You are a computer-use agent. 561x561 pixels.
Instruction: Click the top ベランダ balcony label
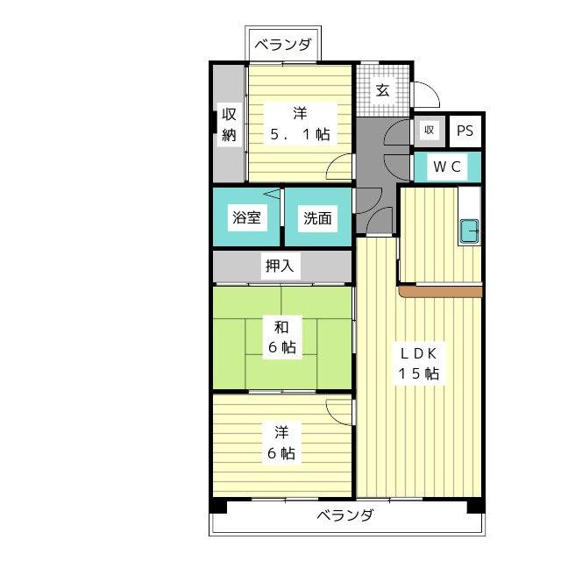282,45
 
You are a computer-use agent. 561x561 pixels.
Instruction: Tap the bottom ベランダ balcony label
345,515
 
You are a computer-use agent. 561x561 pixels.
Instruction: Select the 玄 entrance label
382,90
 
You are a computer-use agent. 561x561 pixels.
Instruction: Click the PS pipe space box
465,131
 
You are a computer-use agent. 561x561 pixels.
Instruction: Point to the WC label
447,167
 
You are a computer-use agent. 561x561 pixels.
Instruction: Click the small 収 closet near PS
430,131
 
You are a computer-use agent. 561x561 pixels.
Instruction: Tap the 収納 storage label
229,124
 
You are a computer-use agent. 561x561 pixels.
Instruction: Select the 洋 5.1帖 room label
300,124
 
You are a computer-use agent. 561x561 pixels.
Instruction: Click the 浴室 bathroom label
246,217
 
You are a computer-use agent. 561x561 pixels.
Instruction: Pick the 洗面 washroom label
317,218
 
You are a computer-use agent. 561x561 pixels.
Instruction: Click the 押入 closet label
280,266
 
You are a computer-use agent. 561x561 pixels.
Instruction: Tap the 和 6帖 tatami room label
282,337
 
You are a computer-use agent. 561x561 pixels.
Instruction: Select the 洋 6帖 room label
281,443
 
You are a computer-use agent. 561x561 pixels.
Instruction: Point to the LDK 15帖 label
419,364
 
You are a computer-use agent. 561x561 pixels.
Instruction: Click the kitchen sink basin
469,231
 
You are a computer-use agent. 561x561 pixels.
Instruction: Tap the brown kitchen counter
441,291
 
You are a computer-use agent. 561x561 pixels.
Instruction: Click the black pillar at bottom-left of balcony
218,506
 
